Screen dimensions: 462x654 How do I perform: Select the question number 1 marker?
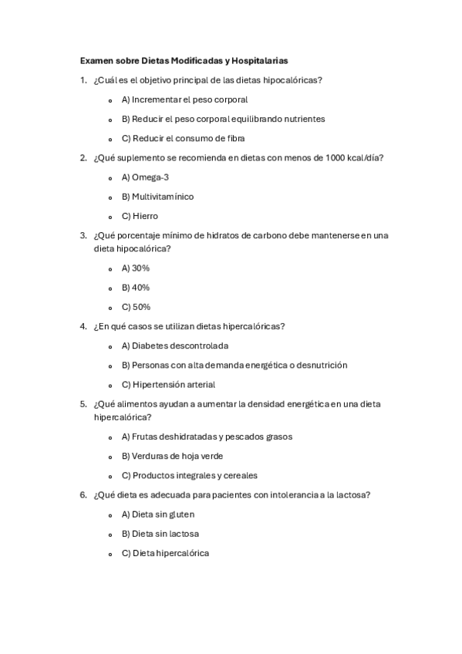83,80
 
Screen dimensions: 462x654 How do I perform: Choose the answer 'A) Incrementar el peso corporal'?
184,99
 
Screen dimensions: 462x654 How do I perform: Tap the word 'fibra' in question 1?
233,138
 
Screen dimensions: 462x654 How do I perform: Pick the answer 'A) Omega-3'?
145,177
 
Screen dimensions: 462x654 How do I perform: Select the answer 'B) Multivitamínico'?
157,196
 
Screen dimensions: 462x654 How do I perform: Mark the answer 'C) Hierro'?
139,216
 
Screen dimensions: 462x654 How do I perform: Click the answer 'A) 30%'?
135,268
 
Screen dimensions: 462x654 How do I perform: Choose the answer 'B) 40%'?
135,287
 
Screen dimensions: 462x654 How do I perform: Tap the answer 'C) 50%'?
135,306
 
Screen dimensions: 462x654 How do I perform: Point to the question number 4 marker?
83,326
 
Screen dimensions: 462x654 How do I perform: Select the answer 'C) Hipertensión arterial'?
168,384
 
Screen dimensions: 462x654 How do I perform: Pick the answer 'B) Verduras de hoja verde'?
172,456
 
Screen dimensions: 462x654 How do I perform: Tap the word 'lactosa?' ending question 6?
352,495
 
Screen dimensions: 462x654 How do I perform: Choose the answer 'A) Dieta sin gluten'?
158,514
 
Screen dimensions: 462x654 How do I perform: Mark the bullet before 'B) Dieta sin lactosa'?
110,534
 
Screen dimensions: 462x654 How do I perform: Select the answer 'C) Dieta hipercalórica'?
165,553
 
